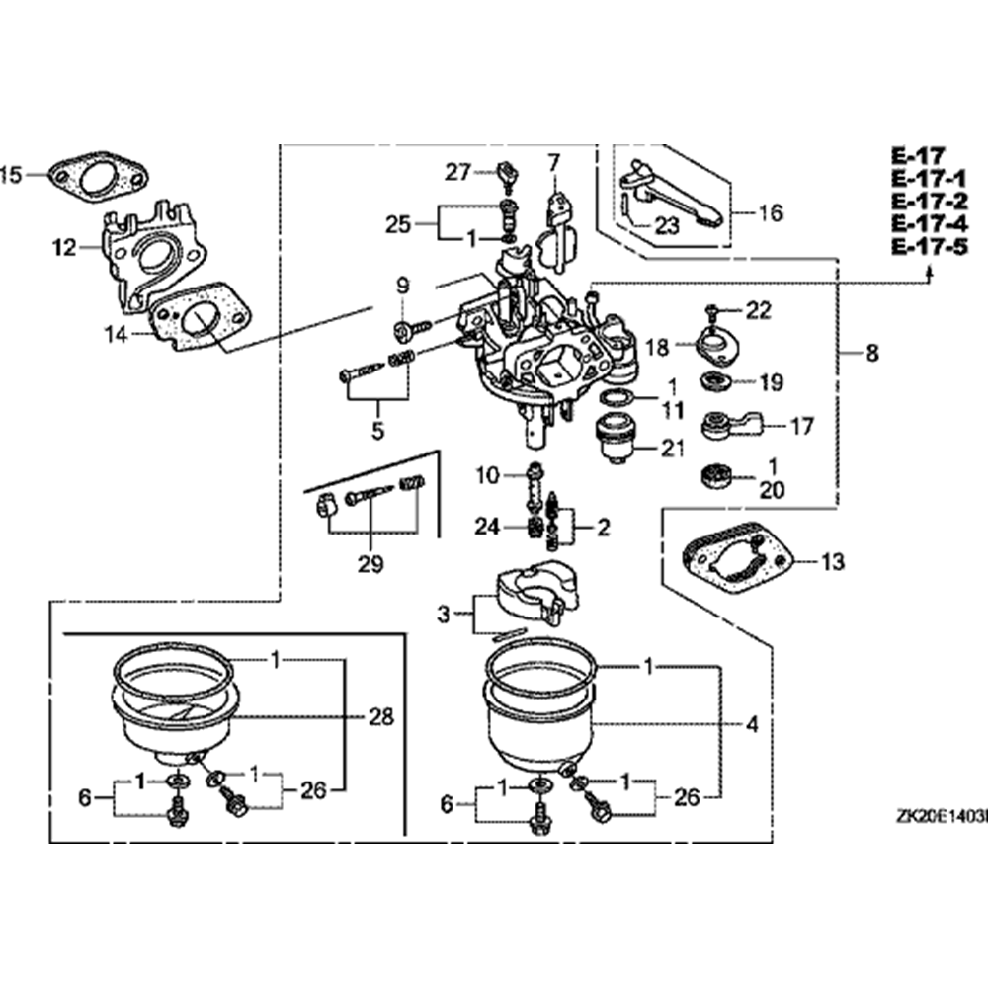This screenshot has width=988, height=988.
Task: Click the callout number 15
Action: [11, 176]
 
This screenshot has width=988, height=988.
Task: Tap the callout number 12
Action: [63, 249]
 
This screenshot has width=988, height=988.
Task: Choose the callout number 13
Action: [833, 562]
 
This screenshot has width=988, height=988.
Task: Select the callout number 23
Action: [667, 225]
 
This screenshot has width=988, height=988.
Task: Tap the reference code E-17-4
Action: [929, 225]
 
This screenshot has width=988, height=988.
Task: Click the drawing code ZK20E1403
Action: [938, 817]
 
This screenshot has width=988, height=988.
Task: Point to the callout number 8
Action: [870, 353]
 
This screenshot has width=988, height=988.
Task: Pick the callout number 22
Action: [758, 310]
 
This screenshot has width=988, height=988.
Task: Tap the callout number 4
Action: [753, 724]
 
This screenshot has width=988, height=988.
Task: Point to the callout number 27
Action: [456, 173]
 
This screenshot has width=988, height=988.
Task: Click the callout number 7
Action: [553, 160]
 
